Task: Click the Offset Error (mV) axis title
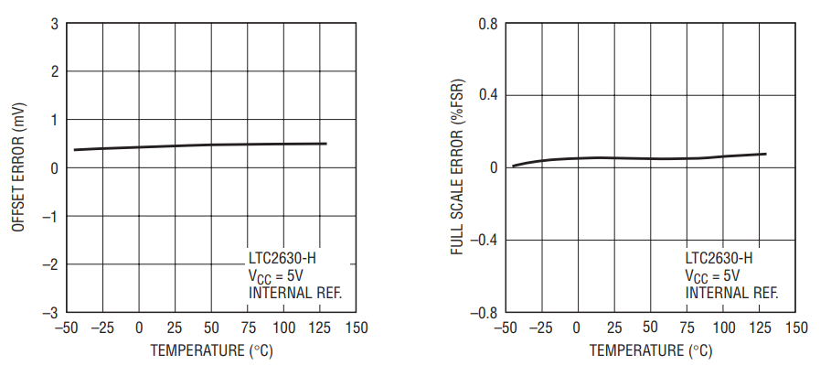(x=18, y=166)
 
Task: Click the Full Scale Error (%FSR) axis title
(x=457, y=166)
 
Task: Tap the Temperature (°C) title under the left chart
(x=211, y=350)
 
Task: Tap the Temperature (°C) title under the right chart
(x=651, y=350)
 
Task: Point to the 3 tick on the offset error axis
(x=55, y=24)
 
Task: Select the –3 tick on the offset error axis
(x=50, y=313)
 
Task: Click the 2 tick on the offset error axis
(x=55, y=71)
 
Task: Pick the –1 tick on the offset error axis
(x=50, y=217)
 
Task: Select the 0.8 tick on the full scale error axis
(x=488, y=24)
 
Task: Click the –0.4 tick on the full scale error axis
(x=485, y=241)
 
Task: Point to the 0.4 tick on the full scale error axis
(x=488, y=95)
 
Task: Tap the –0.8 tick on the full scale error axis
(x=485, y=313)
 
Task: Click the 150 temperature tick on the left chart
(x=357, y=327)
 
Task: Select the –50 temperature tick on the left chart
(x=66, y=327)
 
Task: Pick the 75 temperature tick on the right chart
(x=687, y=327)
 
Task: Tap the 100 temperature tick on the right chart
(x=724, y=327)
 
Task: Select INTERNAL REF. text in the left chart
(x=295, y=293)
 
